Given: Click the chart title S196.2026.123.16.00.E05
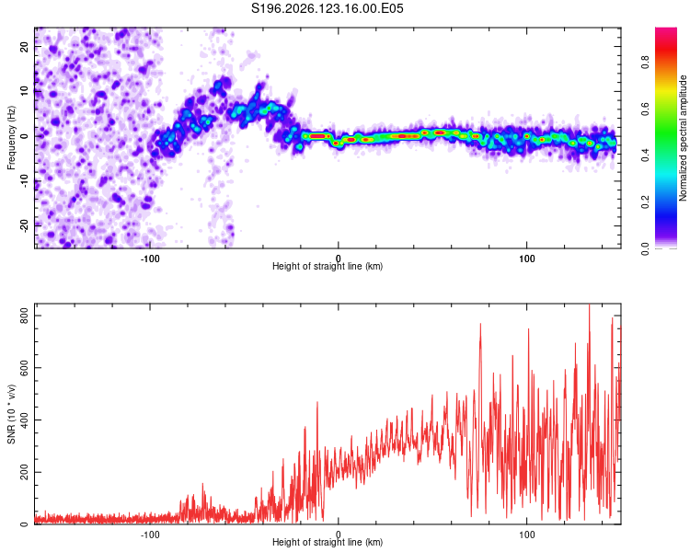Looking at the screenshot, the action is (x=327, y=8).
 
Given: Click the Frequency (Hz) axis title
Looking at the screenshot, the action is (x=11, y=138).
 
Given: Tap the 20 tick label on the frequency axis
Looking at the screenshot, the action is (x=24, y=47).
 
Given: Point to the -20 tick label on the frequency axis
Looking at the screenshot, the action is (x=24, y=226).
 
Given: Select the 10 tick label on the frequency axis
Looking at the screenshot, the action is (x=24, y=92).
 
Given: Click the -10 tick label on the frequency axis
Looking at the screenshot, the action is (x=24, y=181).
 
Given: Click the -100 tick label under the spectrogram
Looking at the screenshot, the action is (x=150, y=259).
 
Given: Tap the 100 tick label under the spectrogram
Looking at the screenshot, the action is (x=527, y=259).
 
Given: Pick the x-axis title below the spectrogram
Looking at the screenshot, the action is (x=328, y=266).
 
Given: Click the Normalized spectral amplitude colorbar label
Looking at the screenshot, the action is (x=683, y=138).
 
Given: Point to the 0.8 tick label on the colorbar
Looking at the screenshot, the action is (x=645, y=63).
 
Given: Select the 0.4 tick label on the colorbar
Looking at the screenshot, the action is (x=645, y=155).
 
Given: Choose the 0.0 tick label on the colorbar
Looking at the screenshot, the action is (x=645, y=248).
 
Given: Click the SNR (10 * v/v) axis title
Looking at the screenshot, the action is (x=11, y=414).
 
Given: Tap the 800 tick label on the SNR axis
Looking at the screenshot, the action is (x=24, y=316).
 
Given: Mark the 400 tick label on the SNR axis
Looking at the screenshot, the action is (x=24, y=420).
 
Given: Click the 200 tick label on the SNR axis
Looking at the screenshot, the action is (x=24, y=472).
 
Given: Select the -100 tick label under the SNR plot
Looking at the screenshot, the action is (x=150, y=535).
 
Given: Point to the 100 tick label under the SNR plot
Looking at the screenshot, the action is (x=527, y=535).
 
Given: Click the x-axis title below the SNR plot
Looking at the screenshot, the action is (x=328, y=542).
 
